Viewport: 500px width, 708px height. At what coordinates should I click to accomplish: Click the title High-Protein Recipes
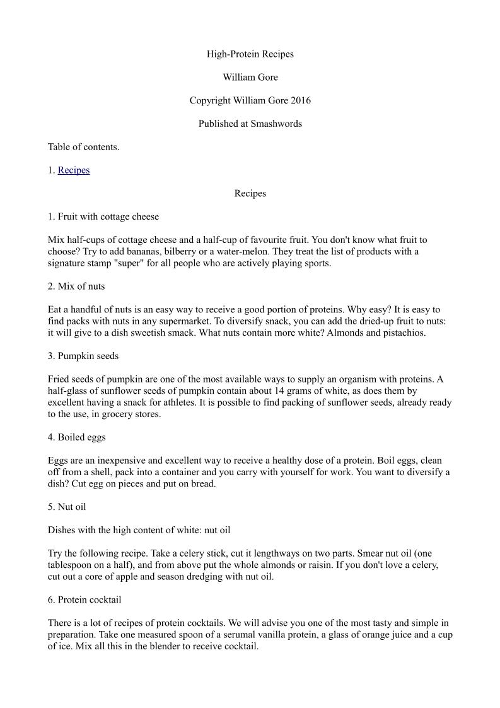[250, 54]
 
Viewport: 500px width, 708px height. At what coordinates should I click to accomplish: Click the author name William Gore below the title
[250, 78]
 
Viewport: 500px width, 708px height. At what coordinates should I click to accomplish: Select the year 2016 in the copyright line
[299, 101]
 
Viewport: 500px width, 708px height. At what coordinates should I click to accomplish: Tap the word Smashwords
[276, 124]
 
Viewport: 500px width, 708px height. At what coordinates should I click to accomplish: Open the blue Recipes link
[74, 170]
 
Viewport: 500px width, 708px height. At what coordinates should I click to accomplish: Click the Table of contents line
[83, 147]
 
